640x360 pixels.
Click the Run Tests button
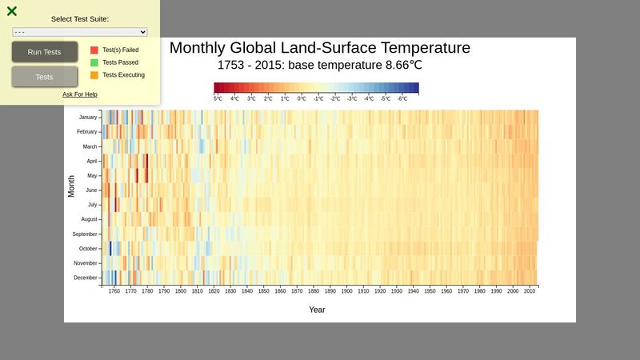(x=45, y=52)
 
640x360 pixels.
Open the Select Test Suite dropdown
(x=80, y=32)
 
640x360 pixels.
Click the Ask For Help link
(x=80, y=94)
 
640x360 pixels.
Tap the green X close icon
(x=12, y=11)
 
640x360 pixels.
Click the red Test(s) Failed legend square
(x=94, y=50)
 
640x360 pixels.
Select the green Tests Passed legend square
(x=94, y=62)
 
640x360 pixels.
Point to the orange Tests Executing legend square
(x=94, y=75)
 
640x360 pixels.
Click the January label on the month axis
(x=88, y=117)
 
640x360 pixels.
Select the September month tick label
(x=86, y=234)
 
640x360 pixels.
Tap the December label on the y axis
(x=86, y=278)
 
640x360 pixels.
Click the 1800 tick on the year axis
(x=181, y=292)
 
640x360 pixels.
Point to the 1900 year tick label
(x=346, y=292)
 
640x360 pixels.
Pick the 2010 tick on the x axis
(x=529, y=292)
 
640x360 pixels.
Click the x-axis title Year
(x=317, y=310)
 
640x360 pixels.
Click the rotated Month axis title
(x=71, y=186)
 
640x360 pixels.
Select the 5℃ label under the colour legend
(x=218, y=98)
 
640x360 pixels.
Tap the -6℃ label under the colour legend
(x=402, y=98)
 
